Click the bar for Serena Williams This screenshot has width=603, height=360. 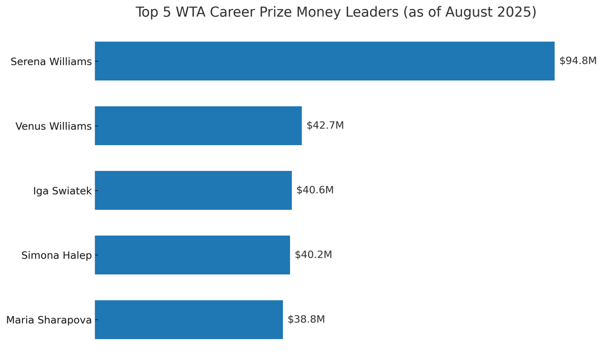pyautogui.click(x=324, y=61)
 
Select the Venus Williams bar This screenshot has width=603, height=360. pyautogui.click(x=198, y=126)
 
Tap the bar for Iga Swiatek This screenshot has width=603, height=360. pyautogui.click(x=193, y=190)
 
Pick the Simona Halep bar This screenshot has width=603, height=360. pyautogui.click(x=192, y=255)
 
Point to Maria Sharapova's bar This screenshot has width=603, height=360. pyautogui.click(x=188, y=320)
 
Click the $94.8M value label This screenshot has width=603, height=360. pyautogui.click(x=577, y=61)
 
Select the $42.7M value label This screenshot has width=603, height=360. pyautogui.click(x=325, y=126)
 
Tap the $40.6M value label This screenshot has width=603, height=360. pyautogui.click(x=315, y=190)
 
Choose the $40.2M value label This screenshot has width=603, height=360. pyautogui.click(x=313, y=255)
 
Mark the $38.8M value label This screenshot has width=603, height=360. pyautogui.click(x=306, y=320)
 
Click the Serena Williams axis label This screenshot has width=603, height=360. pyautogui.click(x=51, y=62)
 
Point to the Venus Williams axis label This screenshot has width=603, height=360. pyautogui.click(x=53, y=126)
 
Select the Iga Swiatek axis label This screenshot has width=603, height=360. pyautogui.click(x=62, y=191)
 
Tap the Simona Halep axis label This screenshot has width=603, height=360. pyautogui.click(x=56, y=256)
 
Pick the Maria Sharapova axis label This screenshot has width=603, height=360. pyautogui.click(x=49, y=320)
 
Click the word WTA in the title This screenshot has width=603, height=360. pyautogui.click(x=191, y=12)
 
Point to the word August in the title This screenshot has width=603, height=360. pyautogui.click(x=468, y=12)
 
